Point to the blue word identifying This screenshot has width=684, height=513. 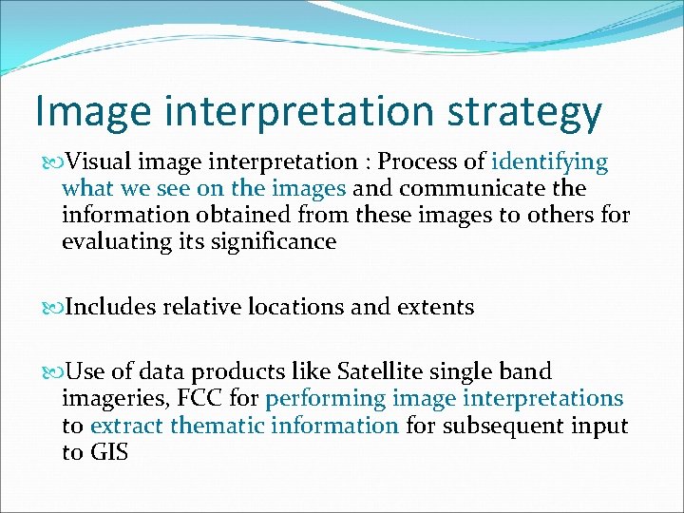click(x=550, y=162)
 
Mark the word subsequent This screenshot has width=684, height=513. click(x=505, y=425)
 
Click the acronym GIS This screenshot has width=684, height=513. click(x=108, y=451)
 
